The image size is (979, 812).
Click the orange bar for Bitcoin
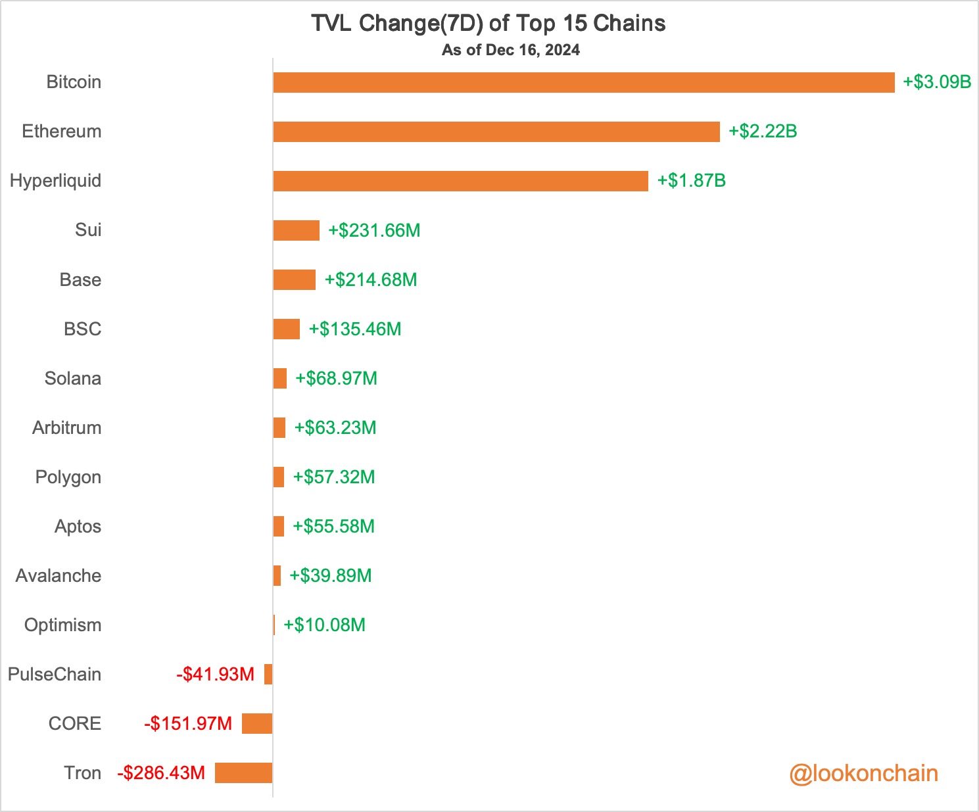point(584,82)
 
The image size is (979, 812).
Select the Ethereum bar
point(496,131)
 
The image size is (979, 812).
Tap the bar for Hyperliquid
point(460,181)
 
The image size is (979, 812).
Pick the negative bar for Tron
point(243,773)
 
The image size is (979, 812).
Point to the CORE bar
point(257,723)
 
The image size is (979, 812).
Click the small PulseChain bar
point(268,674)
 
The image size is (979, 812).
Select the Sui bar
point(296,230)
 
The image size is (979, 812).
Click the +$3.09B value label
point(937,82)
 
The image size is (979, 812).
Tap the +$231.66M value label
point(374,231)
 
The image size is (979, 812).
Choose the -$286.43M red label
point(161,773)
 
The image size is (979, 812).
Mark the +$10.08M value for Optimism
point(324,625)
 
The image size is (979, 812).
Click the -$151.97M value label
point(188,724)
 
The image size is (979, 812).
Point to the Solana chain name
point(73,378)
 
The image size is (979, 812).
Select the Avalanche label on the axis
point(59,575)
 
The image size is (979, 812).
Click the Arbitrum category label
point(67,427)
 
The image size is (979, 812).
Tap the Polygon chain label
point(68,477)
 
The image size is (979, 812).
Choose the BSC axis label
point(83,329)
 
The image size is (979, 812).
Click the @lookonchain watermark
point(863,773)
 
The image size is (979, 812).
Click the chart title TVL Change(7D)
point(488,24)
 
